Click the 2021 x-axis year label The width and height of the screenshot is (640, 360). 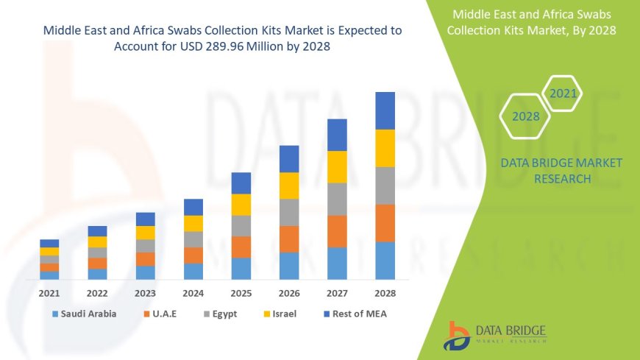coord(49,292)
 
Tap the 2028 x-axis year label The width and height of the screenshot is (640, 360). coord(385,292)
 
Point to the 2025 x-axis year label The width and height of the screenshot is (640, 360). coord(241,292)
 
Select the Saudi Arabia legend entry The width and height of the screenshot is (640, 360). coord(83,314)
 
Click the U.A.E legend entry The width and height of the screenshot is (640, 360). coord(166,314)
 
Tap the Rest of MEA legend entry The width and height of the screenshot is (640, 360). coord(355,314)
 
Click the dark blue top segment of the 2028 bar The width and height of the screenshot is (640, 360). coord(385,110)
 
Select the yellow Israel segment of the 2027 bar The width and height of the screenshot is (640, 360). coord(337,166)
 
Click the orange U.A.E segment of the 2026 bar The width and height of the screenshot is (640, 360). coord(289,239)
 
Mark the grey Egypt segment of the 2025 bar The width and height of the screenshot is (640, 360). coord(241,225)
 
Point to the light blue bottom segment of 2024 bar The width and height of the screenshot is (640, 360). coord(193,271)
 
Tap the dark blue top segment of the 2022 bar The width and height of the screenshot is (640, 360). coord(97,231)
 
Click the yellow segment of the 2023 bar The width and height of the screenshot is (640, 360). coord(146,233)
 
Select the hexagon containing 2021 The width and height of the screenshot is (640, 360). coord(563,93)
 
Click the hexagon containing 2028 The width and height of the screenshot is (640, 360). coord(526,116)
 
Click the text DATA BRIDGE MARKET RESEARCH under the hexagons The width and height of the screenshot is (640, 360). coord(561,170)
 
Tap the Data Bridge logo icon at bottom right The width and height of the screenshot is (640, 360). coord(457,336)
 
